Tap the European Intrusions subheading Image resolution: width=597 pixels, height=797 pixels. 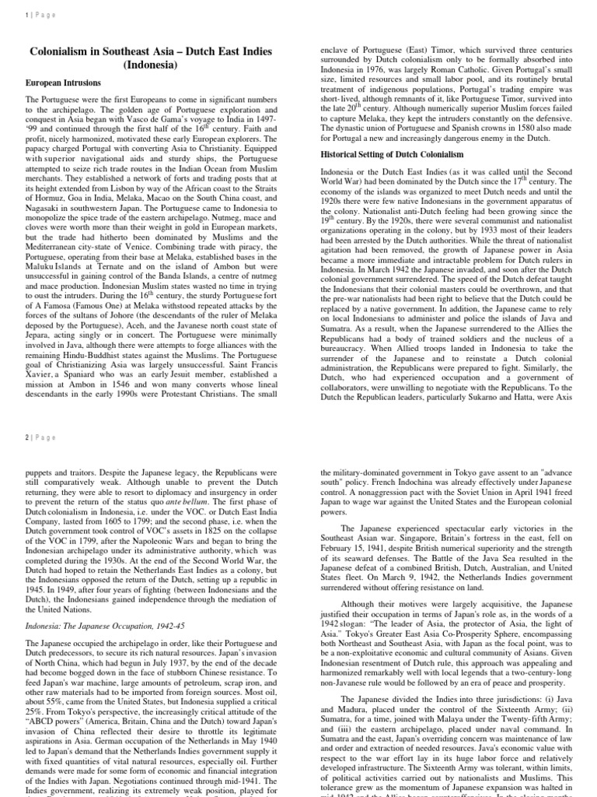(x=63, y=83)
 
